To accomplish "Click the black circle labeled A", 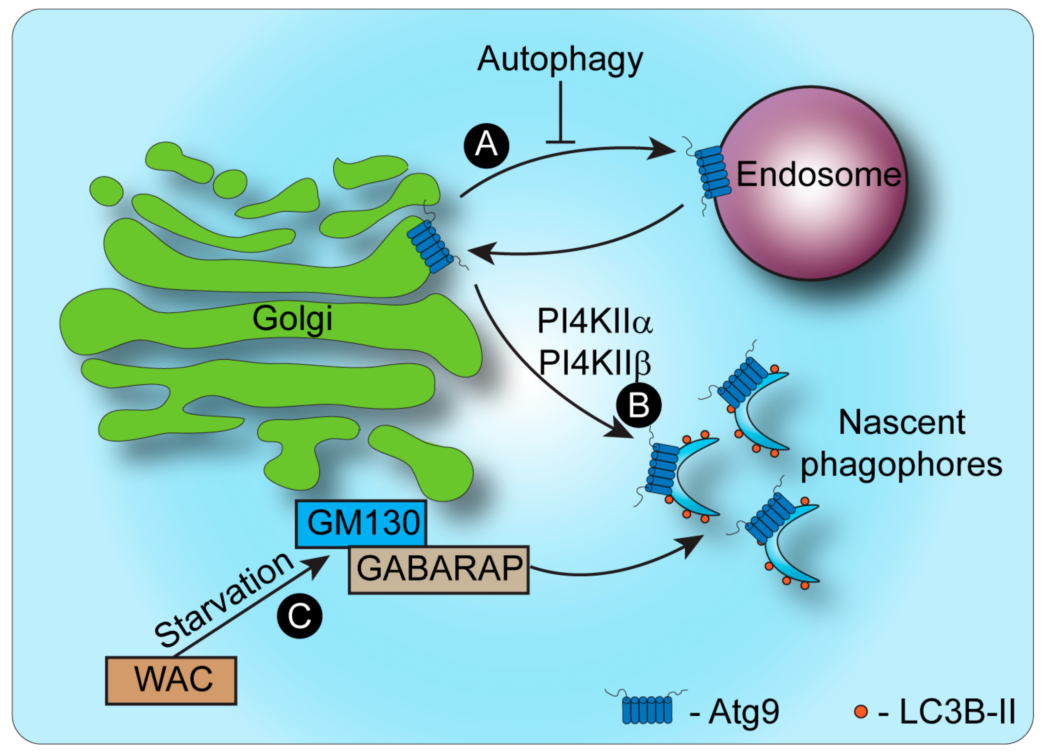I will pos(486,145).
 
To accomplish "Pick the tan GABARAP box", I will pos(438,569).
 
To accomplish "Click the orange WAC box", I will pos(171,680).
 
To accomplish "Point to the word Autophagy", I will pos(560,60).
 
